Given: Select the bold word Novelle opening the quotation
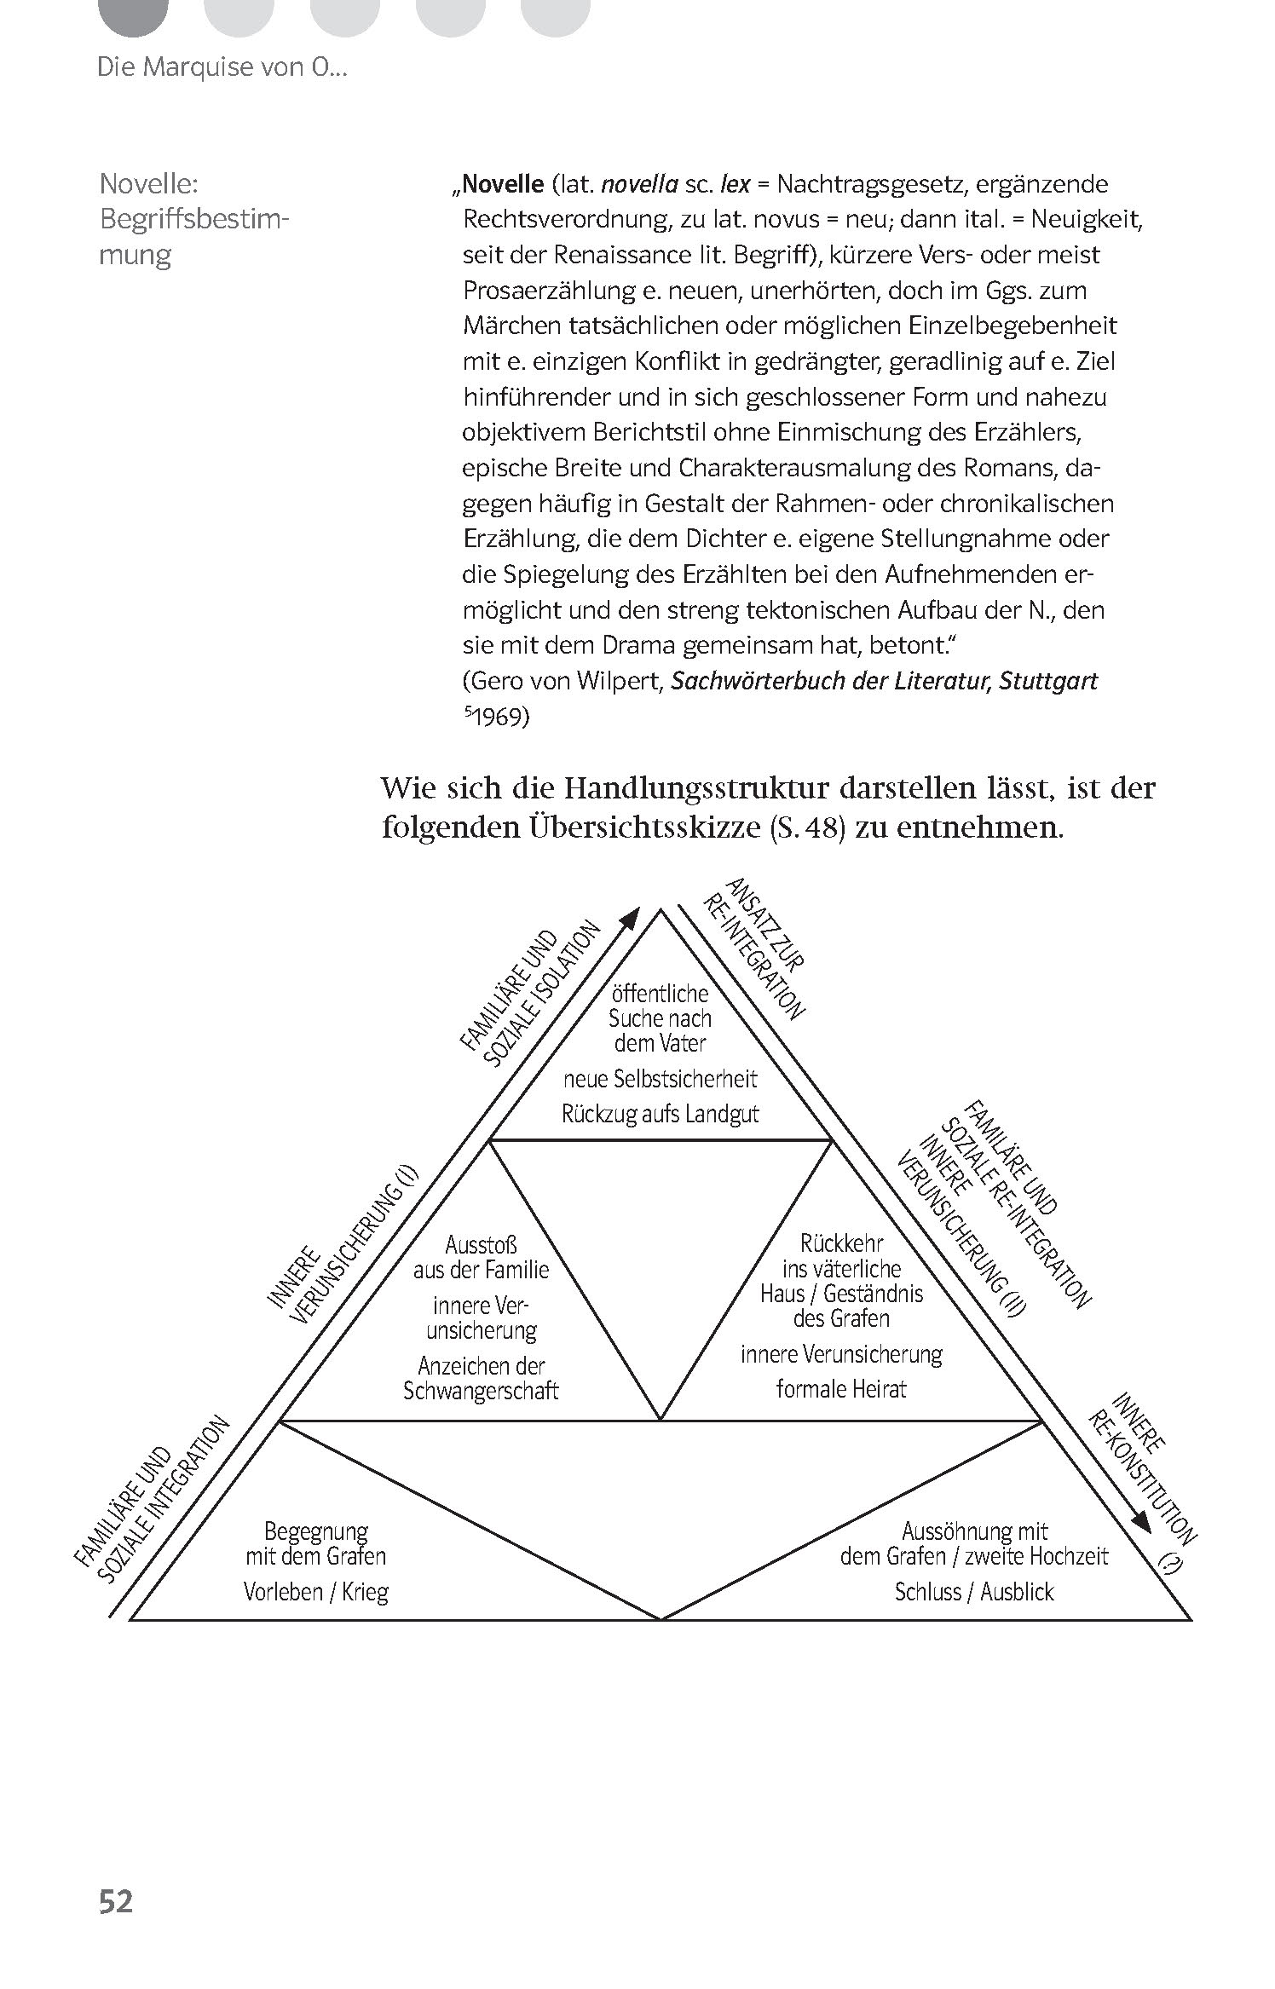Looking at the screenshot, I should coord(503,184).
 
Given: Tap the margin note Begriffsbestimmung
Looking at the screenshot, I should coord(194,219).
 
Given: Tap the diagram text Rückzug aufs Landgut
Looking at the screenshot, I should coord(660,1114).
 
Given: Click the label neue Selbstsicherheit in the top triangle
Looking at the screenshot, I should coord(660,1079).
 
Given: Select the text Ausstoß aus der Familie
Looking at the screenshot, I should coord(482,1258).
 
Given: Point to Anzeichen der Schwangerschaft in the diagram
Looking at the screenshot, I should coord(481,1378).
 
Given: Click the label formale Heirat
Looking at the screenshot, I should coord(840,1388).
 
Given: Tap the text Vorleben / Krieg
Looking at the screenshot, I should coord(315,1592).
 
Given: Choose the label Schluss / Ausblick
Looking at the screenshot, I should coord(973,1592).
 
